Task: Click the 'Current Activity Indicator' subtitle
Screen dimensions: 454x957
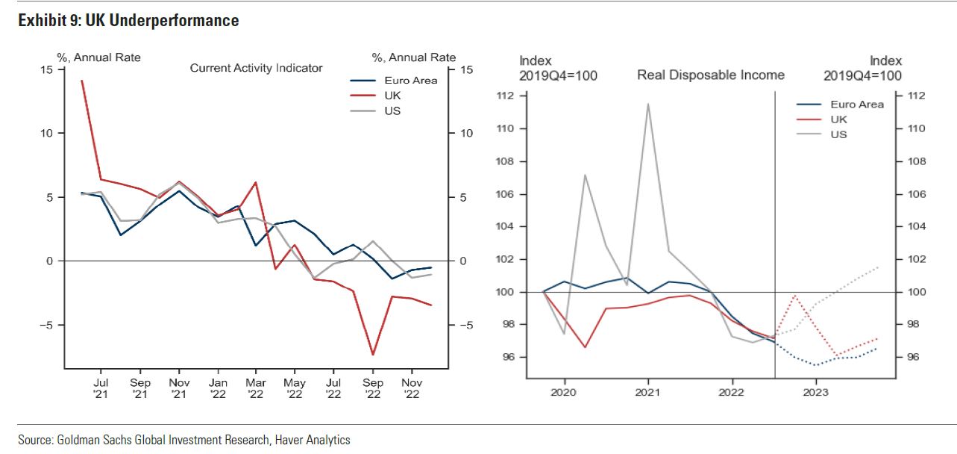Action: [x=256, y=68]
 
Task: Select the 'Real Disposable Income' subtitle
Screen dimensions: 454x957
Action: [x=710, y=75]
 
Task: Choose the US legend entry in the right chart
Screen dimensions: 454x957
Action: [x=838, y=134]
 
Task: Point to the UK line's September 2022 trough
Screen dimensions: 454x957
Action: [x=372, y=355]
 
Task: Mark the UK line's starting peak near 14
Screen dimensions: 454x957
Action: [x=81, y=81]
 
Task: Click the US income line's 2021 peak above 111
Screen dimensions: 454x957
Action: [x=647, y=104]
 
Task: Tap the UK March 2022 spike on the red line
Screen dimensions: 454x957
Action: [x=256, y=182]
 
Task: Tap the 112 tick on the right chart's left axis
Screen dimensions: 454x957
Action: [x=506, y=96]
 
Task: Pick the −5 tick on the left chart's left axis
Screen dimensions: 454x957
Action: [x=46, y=326]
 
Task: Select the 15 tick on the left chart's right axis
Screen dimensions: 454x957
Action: [x=467, y=69]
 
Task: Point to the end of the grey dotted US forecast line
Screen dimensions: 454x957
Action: [x=878, y=267]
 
